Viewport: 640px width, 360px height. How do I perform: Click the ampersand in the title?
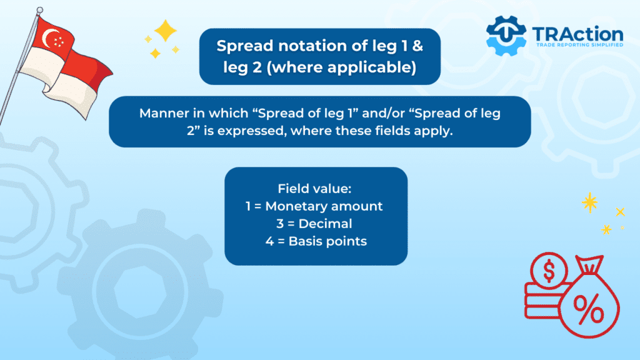point(417,46)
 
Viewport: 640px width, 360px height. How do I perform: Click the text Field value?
point(314,189)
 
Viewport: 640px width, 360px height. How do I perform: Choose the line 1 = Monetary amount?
point(314,206)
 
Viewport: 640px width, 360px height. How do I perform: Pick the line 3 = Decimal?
point(314,224)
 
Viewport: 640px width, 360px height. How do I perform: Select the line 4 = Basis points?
point(316,241)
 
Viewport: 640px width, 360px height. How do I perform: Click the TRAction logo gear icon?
point(506,36)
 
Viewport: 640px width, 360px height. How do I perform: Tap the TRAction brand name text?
point(577,34)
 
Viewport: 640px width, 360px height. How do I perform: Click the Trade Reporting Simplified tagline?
point(579,45)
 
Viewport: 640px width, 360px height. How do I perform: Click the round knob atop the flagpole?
point(39,10)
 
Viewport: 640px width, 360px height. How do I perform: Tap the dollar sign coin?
point(549,271)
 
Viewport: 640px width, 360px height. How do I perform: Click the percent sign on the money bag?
point(589,308)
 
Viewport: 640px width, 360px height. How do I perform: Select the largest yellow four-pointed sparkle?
point(165,31)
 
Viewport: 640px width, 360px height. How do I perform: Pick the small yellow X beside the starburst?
point(621,211)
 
